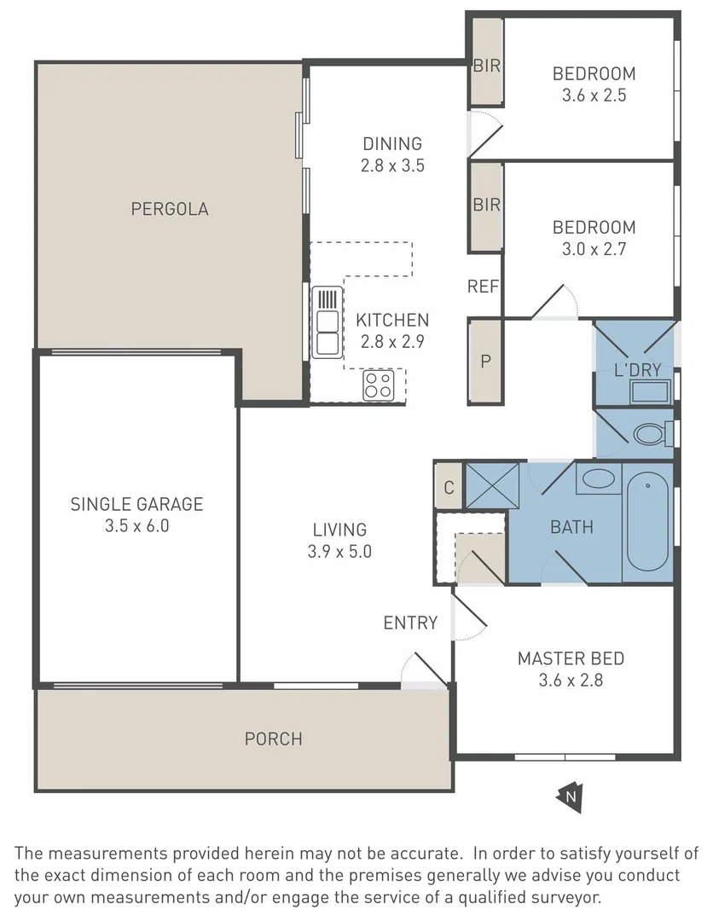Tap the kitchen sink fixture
[x=328, y=322]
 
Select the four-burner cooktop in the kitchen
[x=378, y=386]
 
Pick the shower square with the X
[x=492, y=486]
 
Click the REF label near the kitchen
[x=483, y=287]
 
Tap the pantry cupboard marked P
[x=485, y=362]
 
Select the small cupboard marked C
[x=449, y=487]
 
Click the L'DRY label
[x=638, y=370]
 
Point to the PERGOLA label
[x=170, y=209]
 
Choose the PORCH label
[x=274, y=739]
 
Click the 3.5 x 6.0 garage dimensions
[x=136, y=525]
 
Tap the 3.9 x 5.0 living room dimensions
[x=339, y=552]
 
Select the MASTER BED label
[x=571, y=658]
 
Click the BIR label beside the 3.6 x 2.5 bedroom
[x=487, y=66]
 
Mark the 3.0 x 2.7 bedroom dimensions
[x=594, y=249]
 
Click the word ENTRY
[x=410, y=623]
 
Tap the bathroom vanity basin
[x=599, y=478]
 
